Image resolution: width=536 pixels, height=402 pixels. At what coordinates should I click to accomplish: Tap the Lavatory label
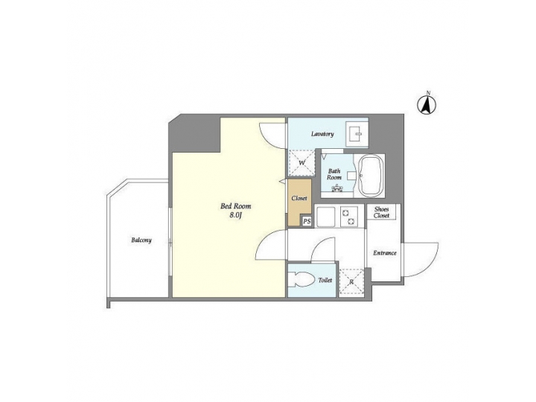[322, 134]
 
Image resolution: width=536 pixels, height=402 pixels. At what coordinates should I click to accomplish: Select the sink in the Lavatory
[356, 135]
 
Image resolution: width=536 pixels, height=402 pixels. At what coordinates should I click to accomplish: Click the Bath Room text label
[334, 174]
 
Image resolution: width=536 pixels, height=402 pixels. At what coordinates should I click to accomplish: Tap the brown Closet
[300, 199]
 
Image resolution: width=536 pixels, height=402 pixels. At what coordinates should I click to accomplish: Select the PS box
[306, 221]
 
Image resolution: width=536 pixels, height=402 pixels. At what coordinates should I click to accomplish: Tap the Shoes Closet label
[381, 212]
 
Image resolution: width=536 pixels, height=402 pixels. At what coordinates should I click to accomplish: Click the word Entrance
[384, 253]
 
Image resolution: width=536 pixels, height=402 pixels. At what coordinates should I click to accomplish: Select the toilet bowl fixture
[301, 281]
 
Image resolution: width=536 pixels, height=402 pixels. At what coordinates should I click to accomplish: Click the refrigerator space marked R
[351, 281]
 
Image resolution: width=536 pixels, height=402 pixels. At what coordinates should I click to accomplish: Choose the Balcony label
[141, 240]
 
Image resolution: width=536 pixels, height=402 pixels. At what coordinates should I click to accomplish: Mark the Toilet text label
[325, 281]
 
